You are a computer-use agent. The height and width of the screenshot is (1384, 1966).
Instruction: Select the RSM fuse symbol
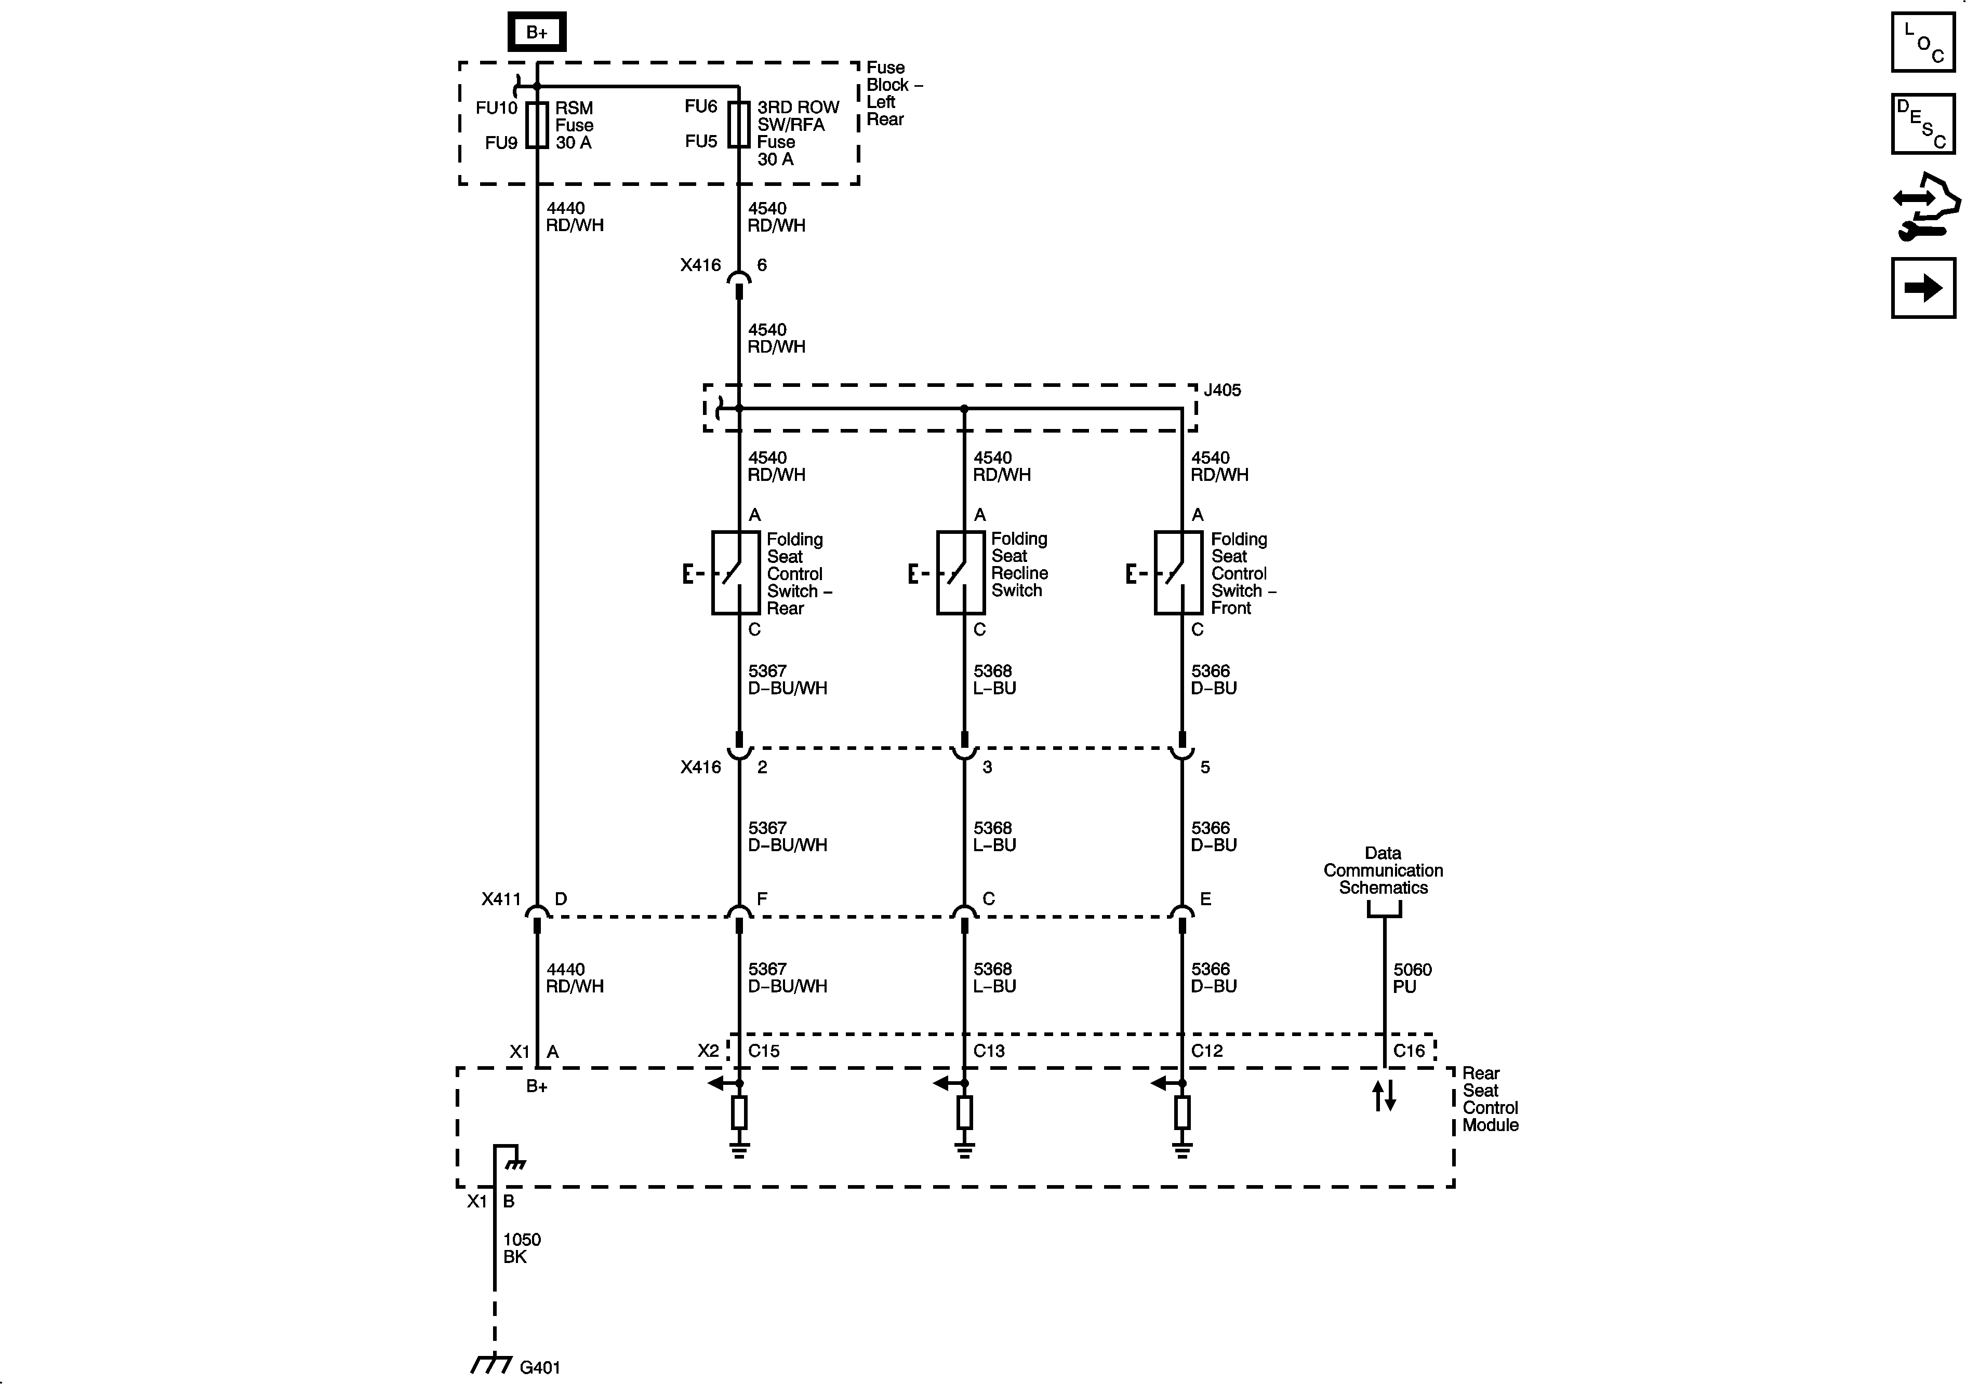pos(537,125)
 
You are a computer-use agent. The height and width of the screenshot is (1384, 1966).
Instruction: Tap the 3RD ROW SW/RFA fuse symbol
pos(739,125)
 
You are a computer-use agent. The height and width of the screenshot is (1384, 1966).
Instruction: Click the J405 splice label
pos(1222,391)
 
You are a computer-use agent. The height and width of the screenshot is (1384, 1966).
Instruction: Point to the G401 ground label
pos(539,1367)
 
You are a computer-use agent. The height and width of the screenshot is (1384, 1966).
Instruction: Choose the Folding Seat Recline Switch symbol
pos(960,573)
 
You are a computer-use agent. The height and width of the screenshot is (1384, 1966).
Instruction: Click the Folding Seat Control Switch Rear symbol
pos(736,573)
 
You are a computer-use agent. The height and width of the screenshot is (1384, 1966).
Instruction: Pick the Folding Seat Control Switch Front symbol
pos(1178,573)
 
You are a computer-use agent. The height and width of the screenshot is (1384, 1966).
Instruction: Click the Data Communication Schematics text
pos(1383,870)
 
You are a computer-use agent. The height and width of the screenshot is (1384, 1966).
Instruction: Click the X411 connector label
pos(501,899)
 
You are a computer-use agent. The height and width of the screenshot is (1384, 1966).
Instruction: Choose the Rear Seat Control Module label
pos(1490,1099)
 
